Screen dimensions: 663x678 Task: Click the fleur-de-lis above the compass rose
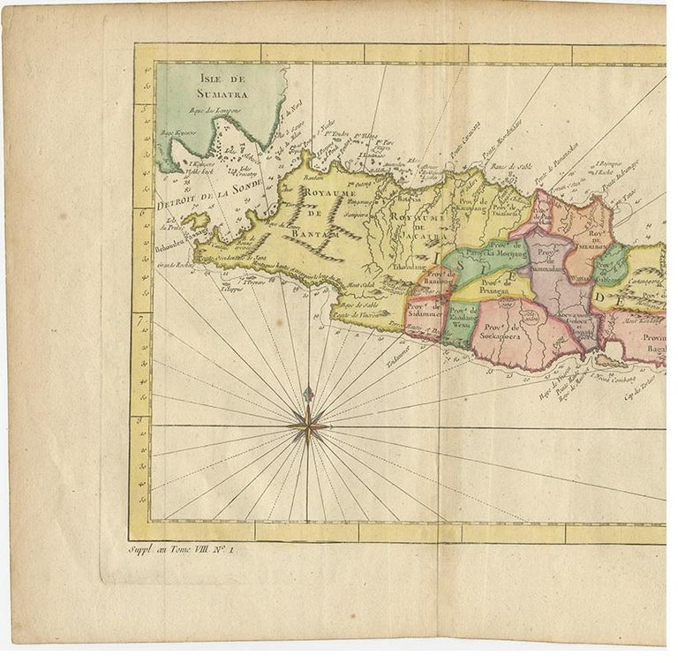tap(307, 395)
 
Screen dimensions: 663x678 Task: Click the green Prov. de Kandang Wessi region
tap(461, 321)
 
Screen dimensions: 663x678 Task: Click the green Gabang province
tap(610, 264)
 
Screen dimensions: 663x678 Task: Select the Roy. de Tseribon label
tap(600, 236)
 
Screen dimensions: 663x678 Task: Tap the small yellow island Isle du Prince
tap(196, 220)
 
